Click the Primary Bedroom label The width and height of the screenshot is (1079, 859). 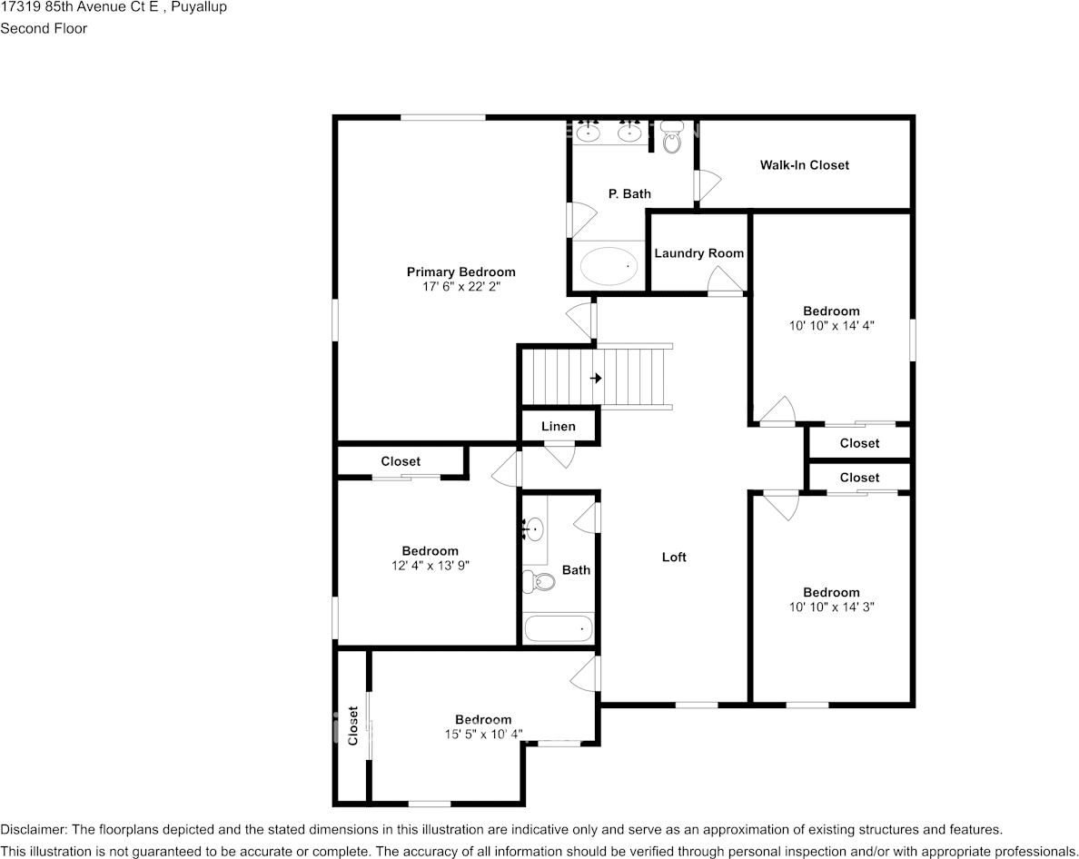(461, 272)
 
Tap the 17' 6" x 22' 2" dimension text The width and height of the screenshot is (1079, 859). (461, 287)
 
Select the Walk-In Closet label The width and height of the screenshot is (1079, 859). (805, 165)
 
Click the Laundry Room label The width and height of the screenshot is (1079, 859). (699, 253)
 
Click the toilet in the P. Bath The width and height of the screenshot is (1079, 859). (671, 137)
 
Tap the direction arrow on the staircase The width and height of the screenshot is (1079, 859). (596, 379)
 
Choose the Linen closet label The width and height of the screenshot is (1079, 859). (558, 427)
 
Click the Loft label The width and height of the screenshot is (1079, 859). (674, 557)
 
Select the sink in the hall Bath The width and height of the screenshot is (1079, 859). (533, 528)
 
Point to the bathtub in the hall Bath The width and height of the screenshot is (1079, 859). (558, 628)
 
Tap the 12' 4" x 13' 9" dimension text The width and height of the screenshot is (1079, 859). (431, 566)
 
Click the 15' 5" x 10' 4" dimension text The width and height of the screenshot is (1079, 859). (483, 735)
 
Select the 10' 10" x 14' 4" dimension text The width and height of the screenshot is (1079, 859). (831, 326)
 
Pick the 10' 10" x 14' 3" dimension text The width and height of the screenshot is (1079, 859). (831, 607)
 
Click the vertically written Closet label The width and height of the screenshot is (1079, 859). (353, 726)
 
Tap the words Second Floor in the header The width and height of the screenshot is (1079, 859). (44, 28)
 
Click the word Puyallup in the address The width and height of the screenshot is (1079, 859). (200, 7)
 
